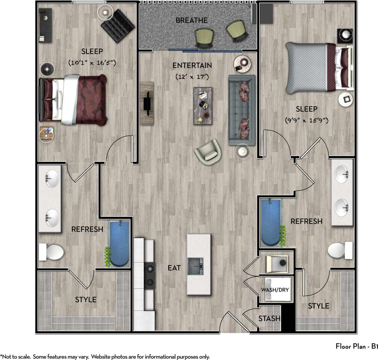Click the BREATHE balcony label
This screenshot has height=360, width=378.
point(191,21)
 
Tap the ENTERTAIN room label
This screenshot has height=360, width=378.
point(192,65)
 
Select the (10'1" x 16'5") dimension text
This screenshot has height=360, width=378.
point(92,63)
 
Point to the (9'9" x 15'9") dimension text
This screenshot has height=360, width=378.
point(306,120)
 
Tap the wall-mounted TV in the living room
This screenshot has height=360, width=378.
point(147,103)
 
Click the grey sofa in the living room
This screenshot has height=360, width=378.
point(241,110)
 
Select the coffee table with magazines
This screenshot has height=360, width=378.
point(203,106)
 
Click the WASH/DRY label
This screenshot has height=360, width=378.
point(275,290)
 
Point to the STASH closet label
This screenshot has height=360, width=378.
point(269,319)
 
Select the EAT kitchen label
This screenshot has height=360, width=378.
point(174,268)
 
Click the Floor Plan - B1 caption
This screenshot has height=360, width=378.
point(356,346)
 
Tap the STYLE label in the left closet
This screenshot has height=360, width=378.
point(85,299)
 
